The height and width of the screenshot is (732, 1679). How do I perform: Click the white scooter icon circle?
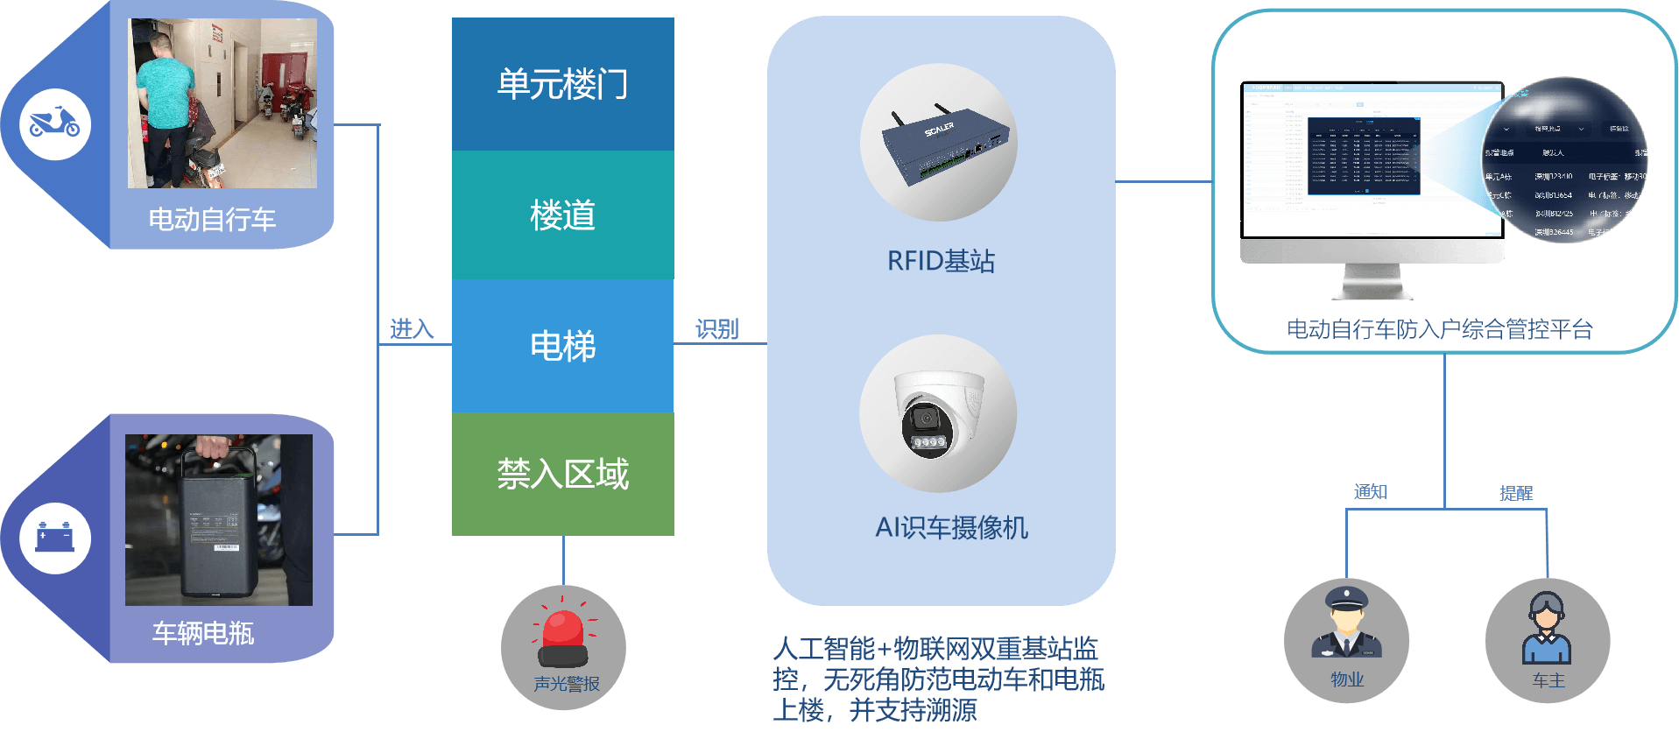55,123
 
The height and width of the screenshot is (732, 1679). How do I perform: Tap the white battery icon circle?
55,537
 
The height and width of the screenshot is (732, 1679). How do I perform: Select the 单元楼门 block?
562,84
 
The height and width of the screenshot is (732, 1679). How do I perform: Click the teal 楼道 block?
562,215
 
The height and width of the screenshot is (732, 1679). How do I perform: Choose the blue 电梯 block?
562,346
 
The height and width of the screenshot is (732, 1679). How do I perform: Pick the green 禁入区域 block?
562,474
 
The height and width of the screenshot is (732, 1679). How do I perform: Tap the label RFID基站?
941,261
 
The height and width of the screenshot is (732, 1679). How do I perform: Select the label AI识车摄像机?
951,527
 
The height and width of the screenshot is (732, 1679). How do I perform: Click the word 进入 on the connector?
412,329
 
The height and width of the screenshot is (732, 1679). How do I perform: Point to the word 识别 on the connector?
716,329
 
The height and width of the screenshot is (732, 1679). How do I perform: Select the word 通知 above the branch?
1370,492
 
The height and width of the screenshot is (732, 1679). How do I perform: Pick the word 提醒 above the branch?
1516,493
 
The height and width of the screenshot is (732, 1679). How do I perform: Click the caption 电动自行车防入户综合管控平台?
1439,329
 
